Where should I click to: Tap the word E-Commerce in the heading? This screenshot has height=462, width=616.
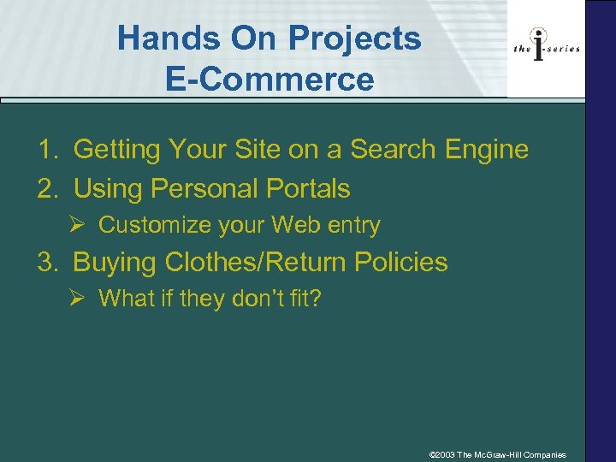coord(271,80)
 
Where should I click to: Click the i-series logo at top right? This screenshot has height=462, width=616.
coord(547,48)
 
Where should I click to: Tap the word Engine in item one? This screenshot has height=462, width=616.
coord(488,150)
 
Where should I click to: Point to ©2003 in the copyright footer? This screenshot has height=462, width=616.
coord(441,454)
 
